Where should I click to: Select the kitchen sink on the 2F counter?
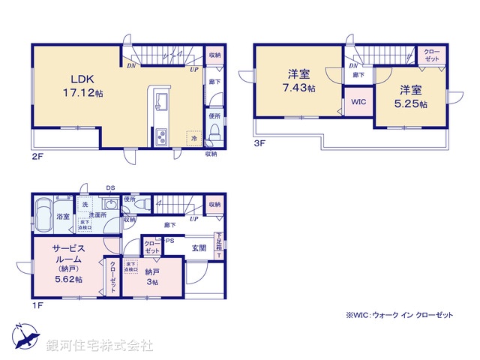click(161, 101)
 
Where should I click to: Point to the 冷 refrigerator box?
click(193, 139)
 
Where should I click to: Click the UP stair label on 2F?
click(194, 68)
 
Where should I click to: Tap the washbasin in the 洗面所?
click(109, 206)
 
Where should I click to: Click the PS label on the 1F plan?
click(169, 241)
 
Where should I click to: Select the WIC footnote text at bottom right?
click(400, 316)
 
